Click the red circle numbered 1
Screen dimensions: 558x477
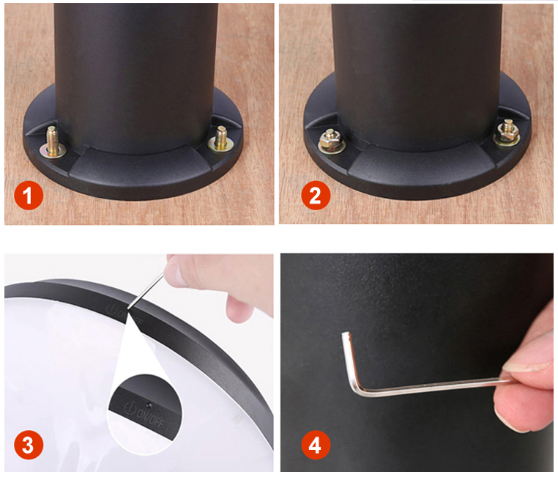pos(29,196)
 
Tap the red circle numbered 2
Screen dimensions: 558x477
pos(316,196)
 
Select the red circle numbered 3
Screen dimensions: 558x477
pos(29,445)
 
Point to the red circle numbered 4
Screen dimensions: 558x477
pos(316,445)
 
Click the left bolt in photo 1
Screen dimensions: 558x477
pos(52,143)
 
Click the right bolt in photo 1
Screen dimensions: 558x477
pos(220,138)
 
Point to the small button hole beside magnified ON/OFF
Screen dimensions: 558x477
pos(148,405)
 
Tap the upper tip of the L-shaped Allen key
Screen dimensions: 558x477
pos(345,335)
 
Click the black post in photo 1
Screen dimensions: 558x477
pos(135,78)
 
